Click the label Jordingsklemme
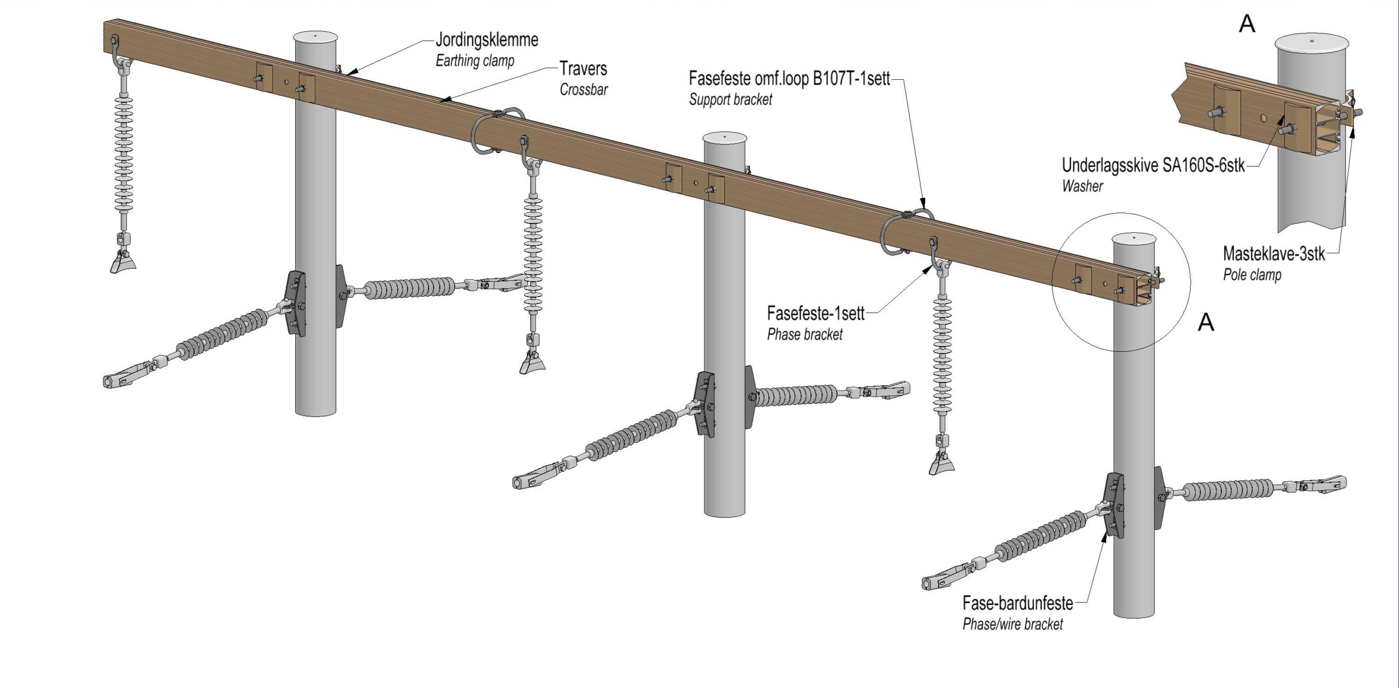pos(486,40)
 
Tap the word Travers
pos(583,69)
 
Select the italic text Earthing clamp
pos(475,61)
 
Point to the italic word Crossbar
pos(584,90)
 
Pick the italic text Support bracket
pos(731,99)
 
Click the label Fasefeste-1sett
pos(815,314)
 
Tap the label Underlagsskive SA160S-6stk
pos(1153,165)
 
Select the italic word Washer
pos(1082,186)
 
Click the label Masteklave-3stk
pos(1274,254)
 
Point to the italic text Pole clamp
pos(1252,275)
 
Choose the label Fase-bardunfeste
pos(1018,603)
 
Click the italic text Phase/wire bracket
pos(1013,624)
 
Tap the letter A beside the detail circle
pos(1206,322)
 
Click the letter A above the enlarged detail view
pos(1247,23)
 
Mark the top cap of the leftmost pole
pos(316,37)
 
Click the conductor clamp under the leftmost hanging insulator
pos(123,262)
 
